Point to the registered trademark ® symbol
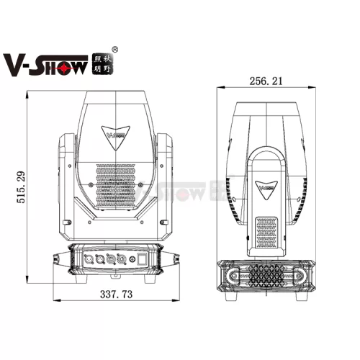(x=115, y=50)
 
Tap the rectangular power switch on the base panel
(x=143, y=259)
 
